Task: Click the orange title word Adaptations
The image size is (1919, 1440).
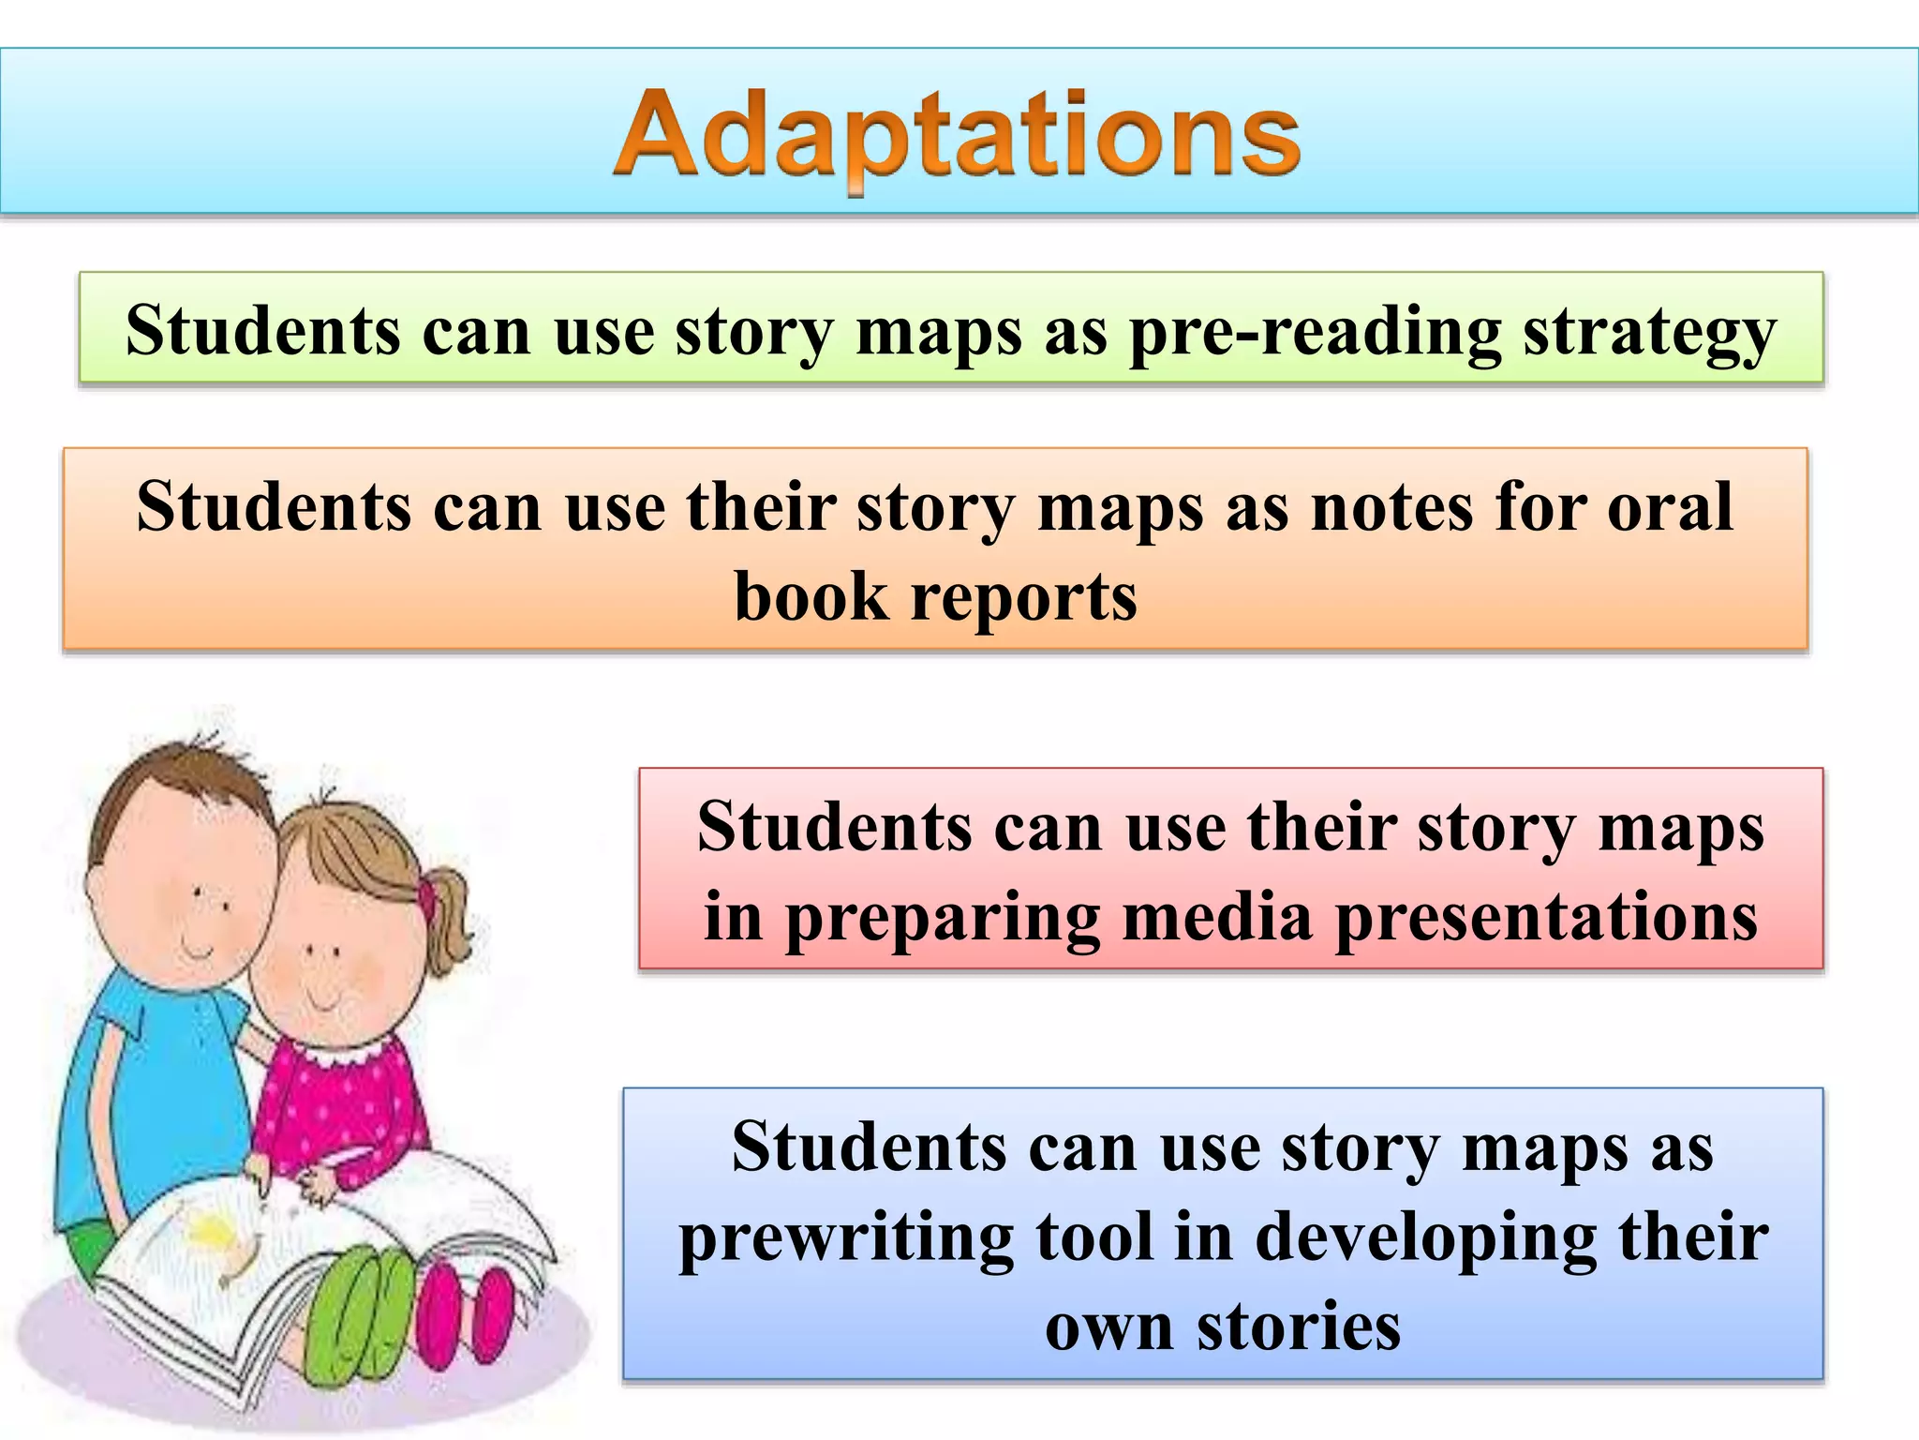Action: click(x=956, y=136)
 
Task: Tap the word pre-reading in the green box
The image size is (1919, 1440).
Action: click(x=1315, y=333)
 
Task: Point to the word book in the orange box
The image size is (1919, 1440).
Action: click(x=811, y=597)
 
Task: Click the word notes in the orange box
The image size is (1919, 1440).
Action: click(x=1391, y=507)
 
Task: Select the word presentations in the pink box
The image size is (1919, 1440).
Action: click(x=1546, y=917)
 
